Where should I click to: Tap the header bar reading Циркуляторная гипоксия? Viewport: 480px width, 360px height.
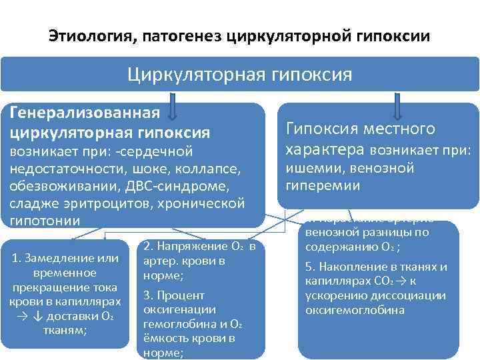240,73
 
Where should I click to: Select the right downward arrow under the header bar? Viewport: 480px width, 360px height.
399,107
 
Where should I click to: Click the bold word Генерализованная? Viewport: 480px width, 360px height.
84,114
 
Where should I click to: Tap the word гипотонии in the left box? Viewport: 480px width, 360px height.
43,220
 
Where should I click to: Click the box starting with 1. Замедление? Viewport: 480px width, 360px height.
66,293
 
